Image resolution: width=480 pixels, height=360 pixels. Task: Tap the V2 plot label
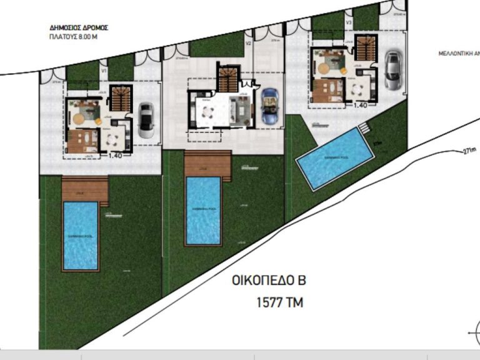click(x=248, y=44)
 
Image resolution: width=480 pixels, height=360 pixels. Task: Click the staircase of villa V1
click(x=121, y=97)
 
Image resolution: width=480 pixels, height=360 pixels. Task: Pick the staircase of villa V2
click(x=228, y=79)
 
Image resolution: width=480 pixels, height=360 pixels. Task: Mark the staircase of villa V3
click(x=366, y=49)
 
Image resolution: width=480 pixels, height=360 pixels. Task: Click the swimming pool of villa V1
click(x=81, y=235)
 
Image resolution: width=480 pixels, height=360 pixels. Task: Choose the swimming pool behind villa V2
click(x=204, y=211)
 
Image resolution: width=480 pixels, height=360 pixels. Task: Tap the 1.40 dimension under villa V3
click(x=360, y=106)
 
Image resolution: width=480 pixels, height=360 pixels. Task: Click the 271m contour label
click(x=470, y=151)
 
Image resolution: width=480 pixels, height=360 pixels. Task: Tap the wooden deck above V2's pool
click(x=208, y=164)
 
